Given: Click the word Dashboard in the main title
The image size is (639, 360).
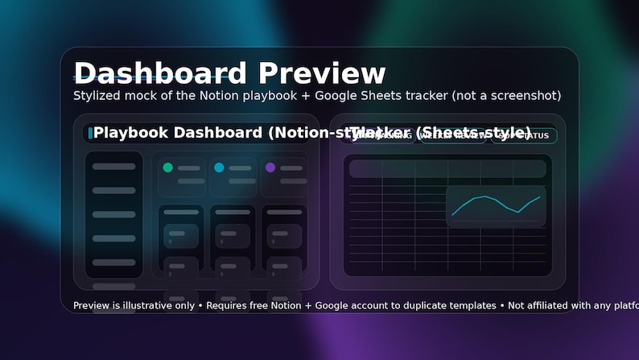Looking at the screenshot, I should (159, 73).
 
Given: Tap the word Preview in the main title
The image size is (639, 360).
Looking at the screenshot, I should (322, 73).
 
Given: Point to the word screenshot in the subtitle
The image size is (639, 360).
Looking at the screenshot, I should (522, 96).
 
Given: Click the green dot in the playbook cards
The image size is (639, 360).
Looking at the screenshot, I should (168, 168).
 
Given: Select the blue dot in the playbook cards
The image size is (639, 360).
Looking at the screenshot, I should (219, 168).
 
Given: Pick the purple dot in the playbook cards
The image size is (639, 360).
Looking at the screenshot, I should (270, 168).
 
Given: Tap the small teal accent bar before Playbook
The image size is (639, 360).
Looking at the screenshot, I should (90, 132).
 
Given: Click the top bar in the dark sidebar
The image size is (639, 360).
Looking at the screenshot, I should (114, 167).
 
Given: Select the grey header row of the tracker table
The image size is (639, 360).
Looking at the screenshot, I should (447, 168).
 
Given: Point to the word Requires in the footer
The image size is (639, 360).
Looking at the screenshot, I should (228, 306).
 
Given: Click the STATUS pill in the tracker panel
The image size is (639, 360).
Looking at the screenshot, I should (527, 135).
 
